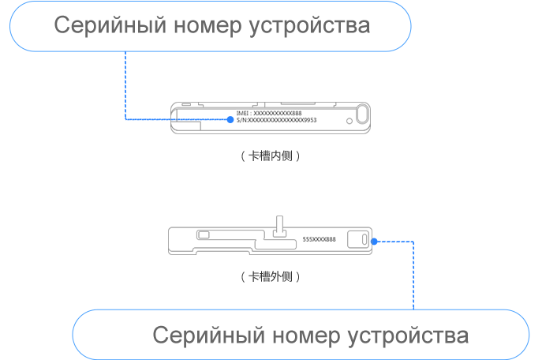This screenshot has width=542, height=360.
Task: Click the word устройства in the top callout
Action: [x=309, y=26]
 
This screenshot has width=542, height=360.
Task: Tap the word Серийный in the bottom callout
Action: [x=200, y=336]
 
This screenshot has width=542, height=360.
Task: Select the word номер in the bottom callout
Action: [x=295, y=336]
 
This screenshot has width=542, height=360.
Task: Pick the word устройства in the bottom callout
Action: [x=408, y=336]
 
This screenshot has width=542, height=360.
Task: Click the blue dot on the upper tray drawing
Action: [x=230, y=120]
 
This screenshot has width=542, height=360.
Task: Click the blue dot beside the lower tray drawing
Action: [x=374, y=242]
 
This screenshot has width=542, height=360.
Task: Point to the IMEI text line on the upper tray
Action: [x=269, y=114]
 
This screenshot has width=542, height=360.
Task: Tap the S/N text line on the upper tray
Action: [x=276, y=120]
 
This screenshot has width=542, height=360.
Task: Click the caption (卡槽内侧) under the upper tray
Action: [x=271, y=156]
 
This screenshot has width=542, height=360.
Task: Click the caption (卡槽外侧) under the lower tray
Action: [x=271, y=277]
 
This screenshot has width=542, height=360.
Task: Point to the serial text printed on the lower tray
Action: [x=320, y=238]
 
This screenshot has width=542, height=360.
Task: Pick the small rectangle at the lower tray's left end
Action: [x=204, y=234]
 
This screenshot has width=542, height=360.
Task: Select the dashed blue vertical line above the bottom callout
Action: [x=413, y=276]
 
